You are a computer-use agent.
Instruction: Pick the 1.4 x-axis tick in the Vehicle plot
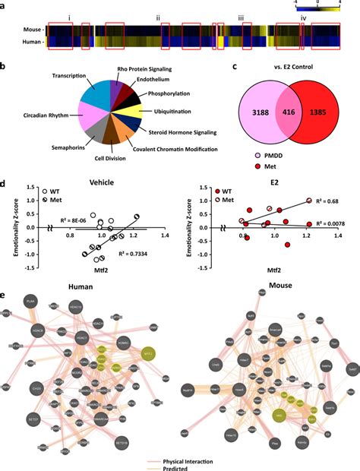point(164,235)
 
